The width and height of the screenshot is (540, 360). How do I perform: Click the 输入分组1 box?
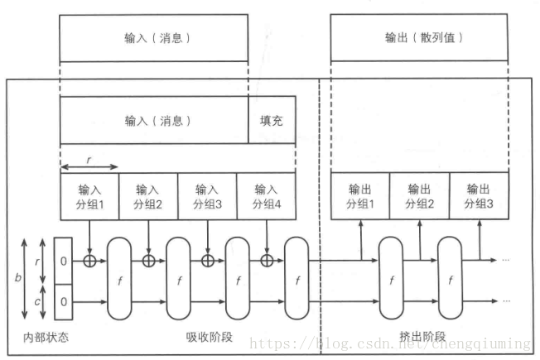tap(89, 196)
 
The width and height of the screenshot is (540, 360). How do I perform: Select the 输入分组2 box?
tap(148, 196)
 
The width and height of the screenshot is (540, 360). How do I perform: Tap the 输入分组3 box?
tap(207, 196)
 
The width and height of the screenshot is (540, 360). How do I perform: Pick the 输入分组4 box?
tap(266, 196)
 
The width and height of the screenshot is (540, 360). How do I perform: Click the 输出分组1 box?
tap(360, 196)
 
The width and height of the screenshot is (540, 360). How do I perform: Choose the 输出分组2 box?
tap(419, 196)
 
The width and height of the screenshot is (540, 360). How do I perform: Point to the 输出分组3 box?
tap(478, 196)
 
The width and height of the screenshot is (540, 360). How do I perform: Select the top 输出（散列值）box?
tap(418, 37)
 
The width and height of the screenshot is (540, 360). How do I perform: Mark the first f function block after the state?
tap(120, 278)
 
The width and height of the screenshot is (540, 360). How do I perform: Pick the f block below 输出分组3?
tap(450, 278)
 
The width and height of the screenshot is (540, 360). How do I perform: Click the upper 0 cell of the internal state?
tap(62, 260)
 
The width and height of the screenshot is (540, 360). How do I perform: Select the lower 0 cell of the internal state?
tap(62, 301)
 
